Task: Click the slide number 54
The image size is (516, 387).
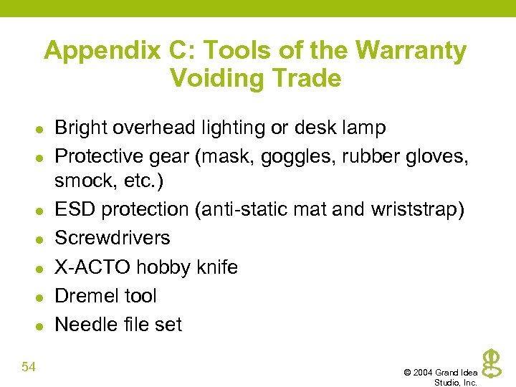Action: [x=29, y=368]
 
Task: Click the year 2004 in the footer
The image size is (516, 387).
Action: [x=422, y=373]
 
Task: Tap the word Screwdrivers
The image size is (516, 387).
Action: [x=113, y=238]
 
